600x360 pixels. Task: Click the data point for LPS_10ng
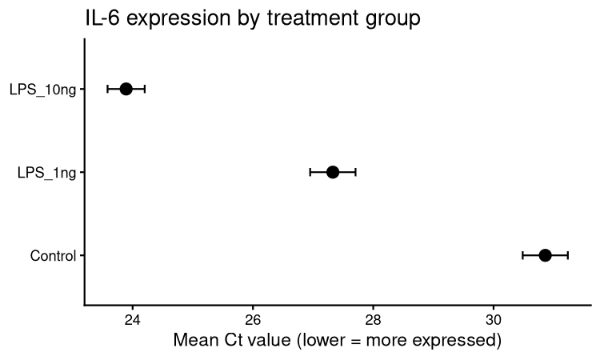(x=126, y=89)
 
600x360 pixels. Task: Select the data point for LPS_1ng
(x=333, y=172)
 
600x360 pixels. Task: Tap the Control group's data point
(x=545, y=255)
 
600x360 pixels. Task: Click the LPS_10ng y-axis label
(x=43, y=89)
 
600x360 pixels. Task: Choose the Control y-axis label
(x=53, y=256)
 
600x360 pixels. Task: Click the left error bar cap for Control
(x=522, y=255)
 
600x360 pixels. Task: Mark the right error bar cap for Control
(x=567, y=255)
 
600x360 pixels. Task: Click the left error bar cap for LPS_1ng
(x=310, y=172)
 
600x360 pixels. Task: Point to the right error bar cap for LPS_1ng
(x=355, y=172)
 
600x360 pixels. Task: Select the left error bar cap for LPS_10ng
(x=108, y=89)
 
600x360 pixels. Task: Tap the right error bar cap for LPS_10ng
(x=145, y=89)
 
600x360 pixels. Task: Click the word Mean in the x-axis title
(x=194, y=342)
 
